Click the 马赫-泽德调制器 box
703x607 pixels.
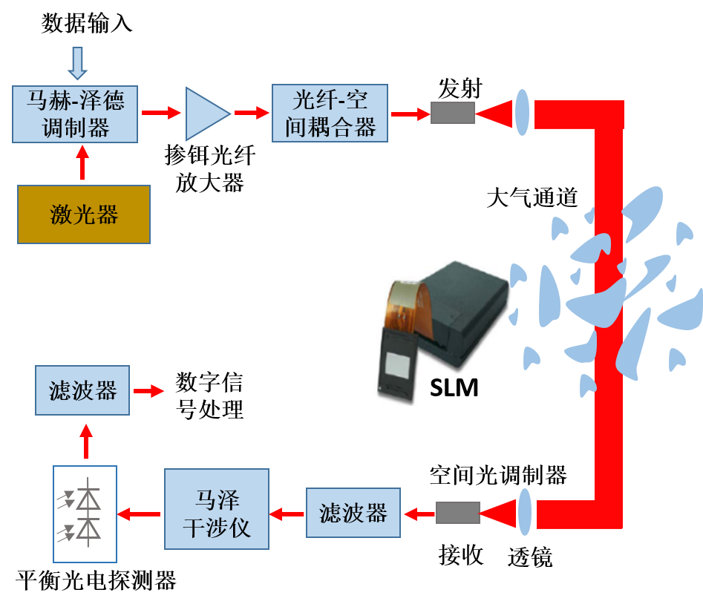[x=75, y=114]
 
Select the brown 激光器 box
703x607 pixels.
[x=84, y=214]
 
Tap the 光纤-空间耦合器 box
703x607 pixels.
[x=330, y=114]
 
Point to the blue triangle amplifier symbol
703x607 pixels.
[x=206, y=114]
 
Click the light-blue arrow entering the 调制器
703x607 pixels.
[x=76, y=63]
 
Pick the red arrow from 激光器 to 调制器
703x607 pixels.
[x=82, y=164]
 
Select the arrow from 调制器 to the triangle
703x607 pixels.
[x=161, y=113]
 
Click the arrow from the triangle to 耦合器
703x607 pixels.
[x=252, y=113]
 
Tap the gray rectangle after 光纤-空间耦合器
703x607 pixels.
[x=453, y=113]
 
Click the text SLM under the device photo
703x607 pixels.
[x=454, y=387]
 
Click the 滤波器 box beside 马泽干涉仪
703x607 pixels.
[x=353, y=513]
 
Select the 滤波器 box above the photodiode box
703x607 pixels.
[x=82, y=390]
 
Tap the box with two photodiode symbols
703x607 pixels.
[x=85, y=514]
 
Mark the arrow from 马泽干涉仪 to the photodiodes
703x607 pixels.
[x=140, y=513]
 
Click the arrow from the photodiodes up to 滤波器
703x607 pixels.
[x=86, y=441]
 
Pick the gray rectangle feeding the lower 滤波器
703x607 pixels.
[x=457, y=513]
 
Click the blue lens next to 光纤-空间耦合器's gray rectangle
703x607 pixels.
[x=523, y=112]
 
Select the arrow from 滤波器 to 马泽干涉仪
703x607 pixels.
[x=287, y=513]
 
